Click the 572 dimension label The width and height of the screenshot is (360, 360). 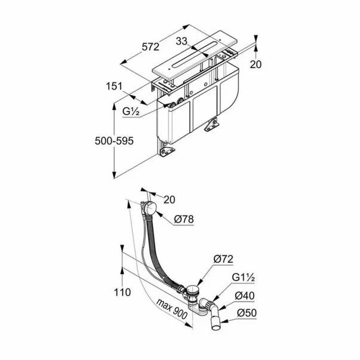tap(150, 47)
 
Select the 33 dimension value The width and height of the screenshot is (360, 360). tap(181, 42)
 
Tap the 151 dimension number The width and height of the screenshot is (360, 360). tap(114, 87)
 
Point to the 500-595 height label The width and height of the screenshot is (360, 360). tap(114, 141)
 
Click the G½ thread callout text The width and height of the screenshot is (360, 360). tap(131, 112)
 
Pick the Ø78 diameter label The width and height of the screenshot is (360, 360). tap(184, 220)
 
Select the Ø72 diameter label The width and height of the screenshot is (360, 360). tap(223, 259)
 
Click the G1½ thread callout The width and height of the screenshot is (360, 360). tap(243, 278)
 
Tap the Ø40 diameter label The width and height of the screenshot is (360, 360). tap(245, 296)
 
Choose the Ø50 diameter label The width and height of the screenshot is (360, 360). tap(247, 313)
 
